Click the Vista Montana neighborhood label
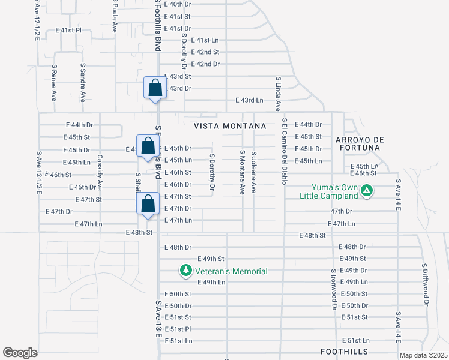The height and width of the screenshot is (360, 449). click(230, 126)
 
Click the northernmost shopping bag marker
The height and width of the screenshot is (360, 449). click(155, 88)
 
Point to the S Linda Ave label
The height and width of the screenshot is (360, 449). click(278, 94)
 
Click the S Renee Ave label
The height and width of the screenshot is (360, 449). click(54, 82)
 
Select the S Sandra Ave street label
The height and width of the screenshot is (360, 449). click(83, 82)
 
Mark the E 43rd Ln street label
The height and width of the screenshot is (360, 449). click(249, 100)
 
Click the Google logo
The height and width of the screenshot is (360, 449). click(20, 353)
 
